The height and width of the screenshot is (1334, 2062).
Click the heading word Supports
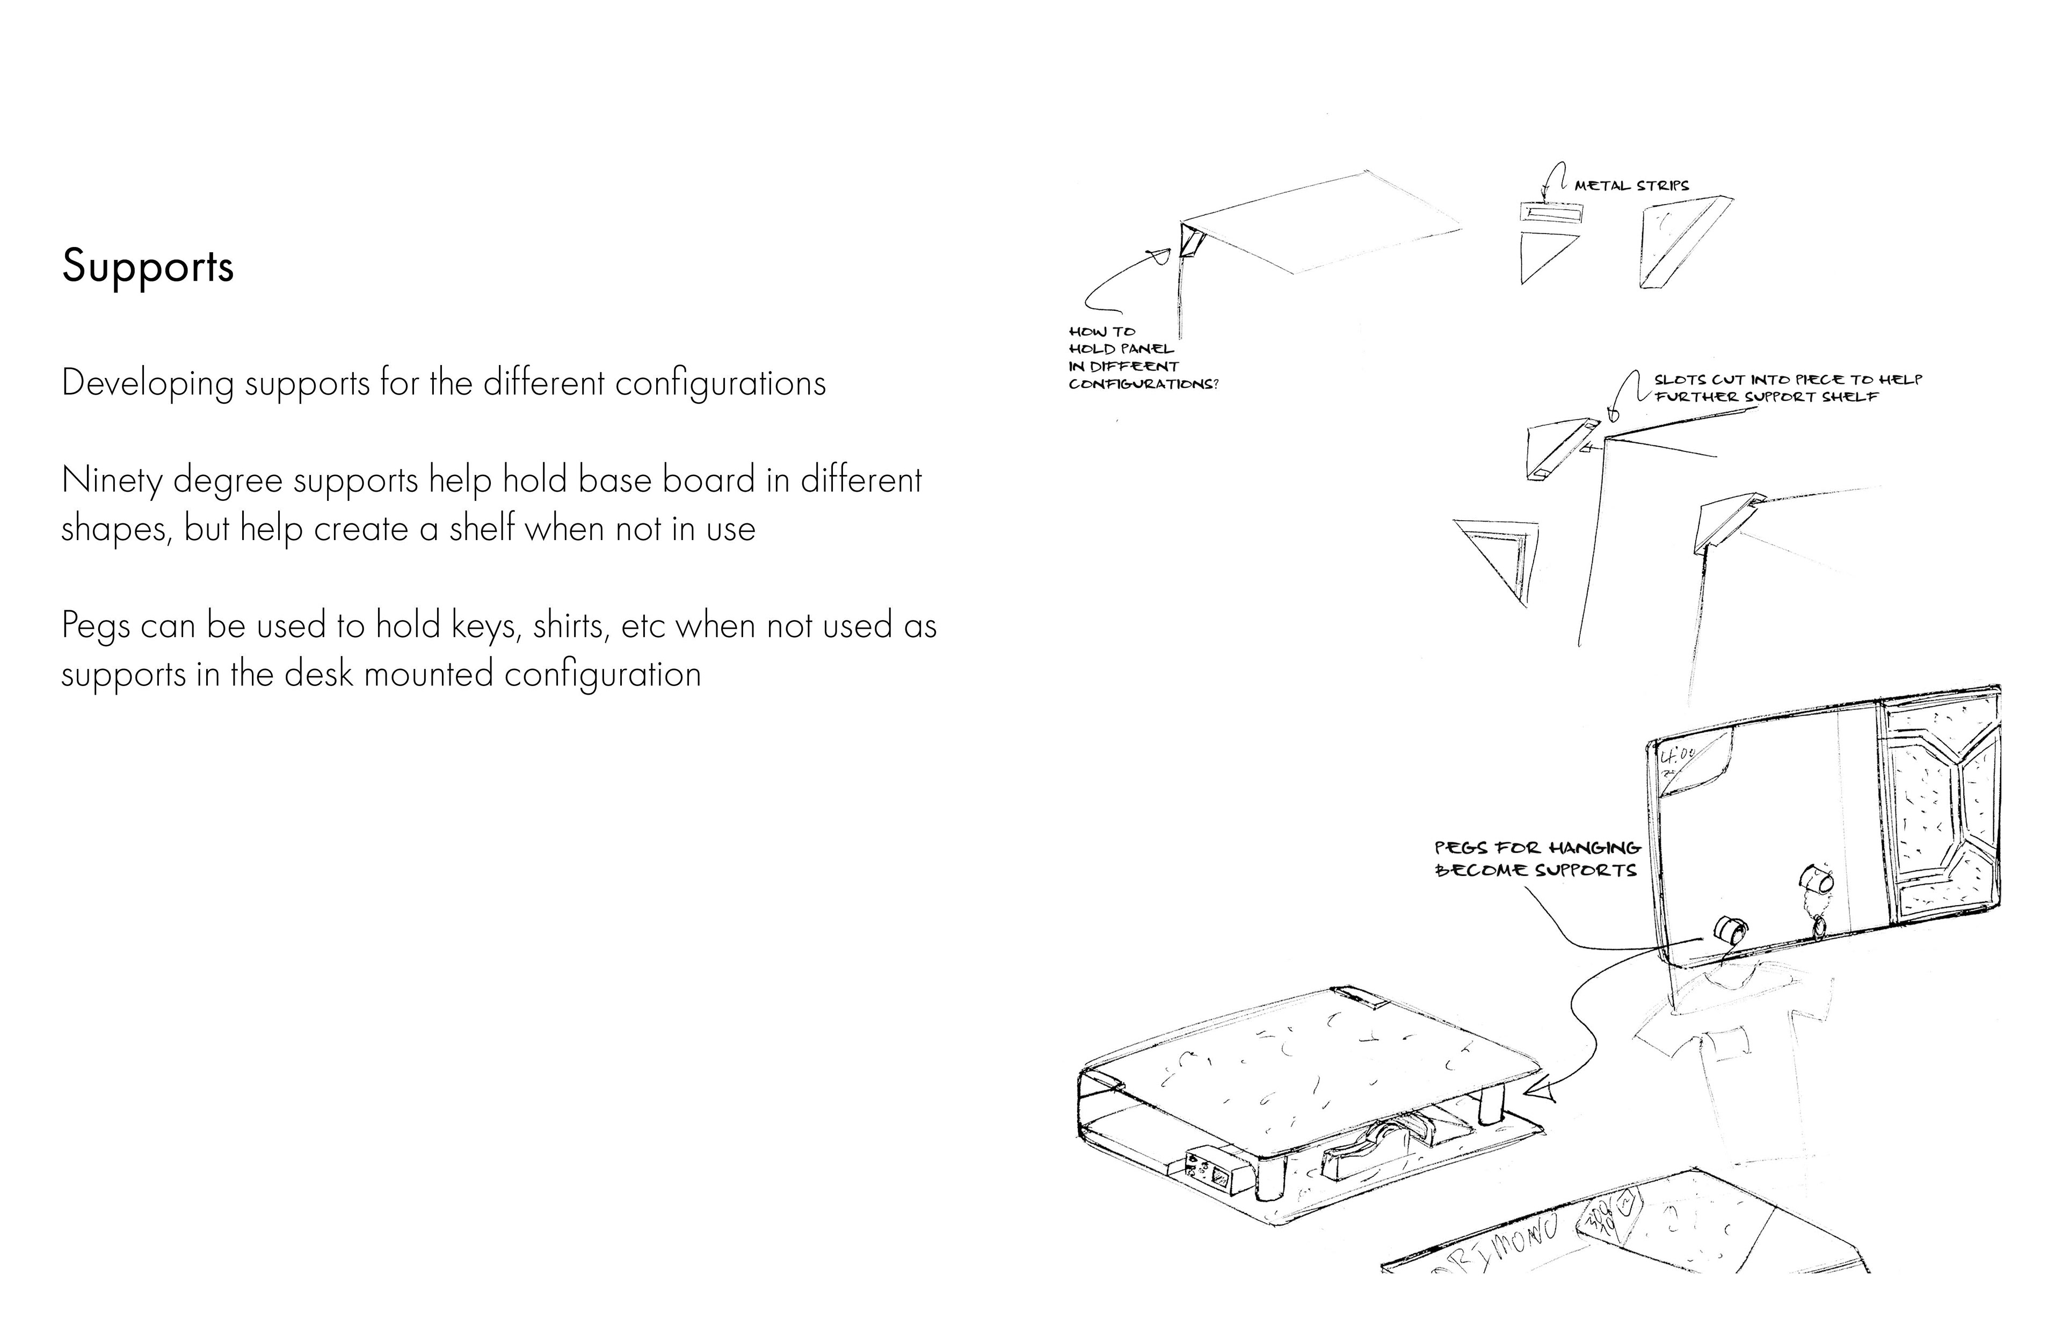pyautogui.click(x=147, y=266)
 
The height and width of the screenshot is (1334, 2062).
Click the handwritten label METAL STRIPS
pyautogui.click(x=1631, y=185)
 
